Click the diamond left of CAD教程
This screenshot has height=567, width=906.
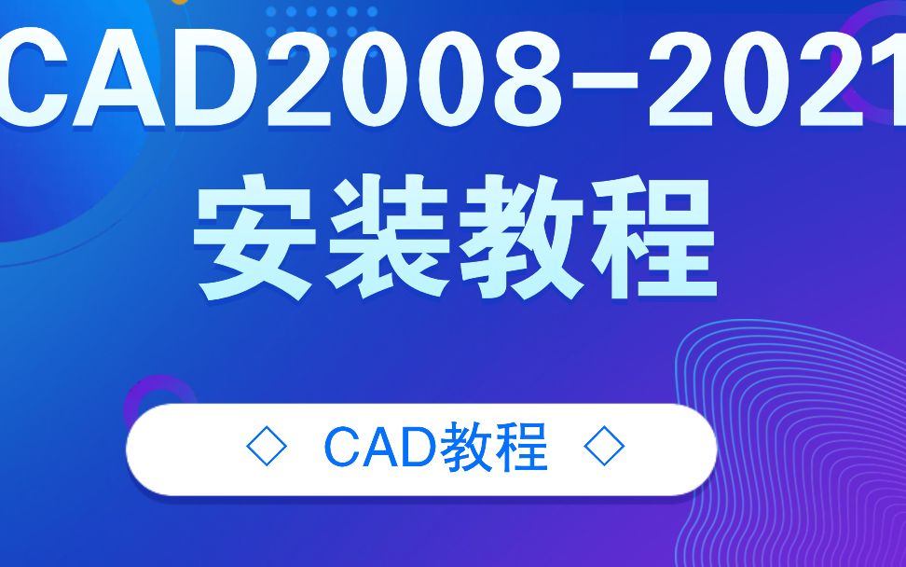267,449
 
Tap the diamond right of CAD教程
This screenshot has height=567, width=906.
603,449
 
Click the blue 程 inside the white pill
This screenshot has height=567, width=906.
524,449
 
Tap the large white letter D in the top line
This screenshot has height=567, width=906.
217,80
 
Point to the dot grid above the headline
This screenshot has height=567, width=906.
322,19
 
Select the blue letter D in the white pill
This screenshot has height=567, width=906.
419,449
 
